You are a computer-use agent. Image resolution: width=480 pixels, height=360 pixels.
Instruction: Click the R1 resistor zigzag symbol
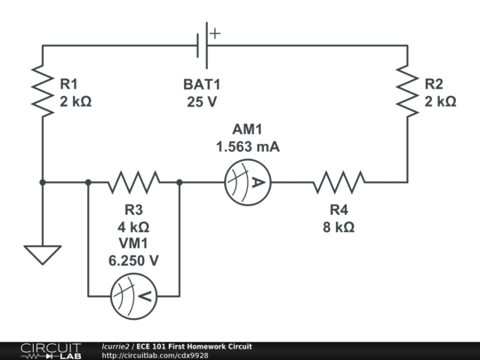[43, 91]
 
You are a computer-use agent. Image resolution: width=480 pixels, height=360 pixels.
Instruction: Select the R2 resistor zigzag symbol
[407, 91]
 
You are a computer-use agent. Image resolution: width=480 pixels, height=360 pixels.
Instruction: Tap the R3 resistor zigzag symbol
[133, 182]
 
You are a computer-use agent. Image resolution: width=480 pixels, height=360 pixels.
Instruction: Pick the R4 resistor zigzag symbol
[339, 182]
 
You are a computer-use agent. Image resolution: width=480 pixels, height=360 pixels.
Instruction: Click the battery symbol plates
[203, 45]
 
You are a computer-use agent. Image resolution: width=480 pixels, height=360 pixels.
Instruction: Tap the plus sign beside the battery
[215, 34]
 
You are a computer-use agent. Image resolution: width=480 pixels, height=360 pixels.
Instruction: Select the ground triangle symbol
[43, 255]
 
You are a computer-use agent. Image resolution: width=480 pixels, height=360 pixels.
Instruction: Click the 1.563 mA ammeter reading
[248, 147]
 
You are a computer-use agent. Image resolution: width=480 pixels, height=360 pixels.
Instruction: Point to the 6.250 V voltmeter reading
[133, 260]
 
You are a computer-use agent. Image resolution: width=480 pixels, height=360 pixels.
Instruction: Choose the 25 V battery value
[202, 102]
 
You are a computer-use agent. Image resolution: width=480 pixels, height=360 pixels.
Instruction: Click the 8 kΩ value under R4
[339, 228]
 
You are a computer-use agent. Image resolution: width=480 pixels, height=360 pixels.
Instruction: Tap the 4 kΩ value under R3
[133, 228]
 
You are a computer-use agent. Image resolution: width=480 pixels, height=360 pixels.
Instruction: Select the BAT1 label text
[202, 84]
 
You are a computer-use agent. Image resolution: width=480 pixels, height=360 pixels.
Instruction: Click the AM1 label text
[247, 129]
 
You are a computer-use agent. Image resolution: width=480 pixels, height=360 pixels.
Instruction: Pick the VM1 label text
[133, 243]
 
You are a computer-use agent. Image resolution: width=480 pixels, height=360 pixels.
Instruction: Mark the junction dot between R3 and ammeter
[180, 182]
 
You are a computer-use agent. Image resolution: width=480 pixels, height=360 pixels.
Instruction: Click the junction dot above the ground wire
[43, 182]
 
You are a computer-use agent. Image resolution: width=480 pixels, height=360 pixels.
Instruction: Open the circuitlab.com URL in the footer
[155, 356]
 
